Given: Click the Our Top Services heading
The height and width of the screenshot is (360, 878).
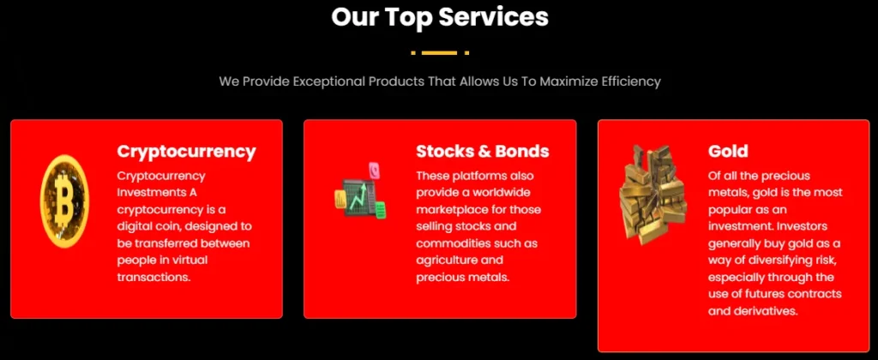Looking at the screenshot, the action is coord(440,17).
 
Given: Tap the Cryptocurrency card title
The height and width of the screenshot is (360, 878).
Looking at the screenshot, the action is coord(186,152).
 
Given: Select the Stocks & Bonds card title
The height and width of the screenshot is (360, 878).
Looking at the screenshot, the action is coord(483,151).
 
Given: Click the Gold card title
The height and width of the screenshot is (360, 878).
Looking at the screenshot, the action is coord(728,151).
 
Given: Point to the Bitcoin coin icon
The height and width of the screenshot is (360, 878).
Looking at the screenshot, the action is coord(64,201).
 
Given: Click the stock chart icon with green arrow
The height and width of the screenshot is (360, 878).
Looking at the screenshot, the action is coord(361,192).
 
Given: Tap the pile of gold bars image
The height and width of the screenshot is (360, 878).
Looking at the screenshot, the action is coord(652,194).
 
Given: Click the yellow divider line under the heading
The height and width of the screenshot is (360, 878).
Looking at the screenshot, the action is coord(440,52).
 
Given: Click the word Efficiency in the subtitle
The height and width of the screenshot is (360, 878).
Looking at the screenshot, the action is coord(631,81).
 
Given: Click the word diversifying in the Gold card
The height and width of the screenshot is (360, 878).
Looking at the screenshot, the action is coord(769,261).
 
